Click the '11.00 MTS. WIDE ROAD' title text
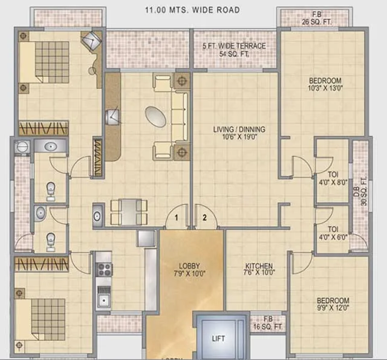(192, 10)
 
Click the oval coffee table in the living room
(155, 116)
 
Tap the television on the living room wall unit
(113, 117)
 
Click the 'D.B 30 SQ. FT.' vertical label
(363, 191)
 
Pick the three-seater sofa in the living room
(180, 116)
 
